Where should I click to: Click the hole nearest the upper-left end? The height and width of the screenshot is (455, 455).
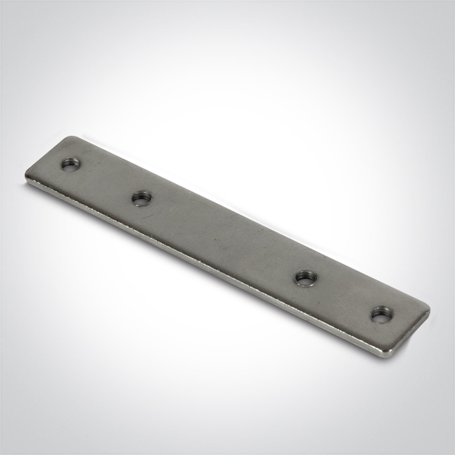pos(69,164)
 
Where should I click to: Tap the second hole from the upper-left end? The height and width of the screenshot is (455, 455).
pos(141,198)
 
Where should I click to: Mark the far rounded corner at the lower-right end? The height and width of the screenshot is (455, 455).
pos(426,307)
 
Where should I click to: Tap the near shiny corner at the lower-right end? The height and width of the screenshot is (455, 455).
pos(389,353)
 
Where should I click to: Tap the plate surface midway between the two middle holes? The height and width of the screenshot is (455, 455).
pos(222,238)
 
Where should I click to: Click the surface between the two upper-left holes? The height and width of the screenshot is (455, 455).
pos(105,181)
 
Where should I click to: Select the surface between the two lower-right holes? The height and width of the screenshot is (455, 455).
pos(341,297)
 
